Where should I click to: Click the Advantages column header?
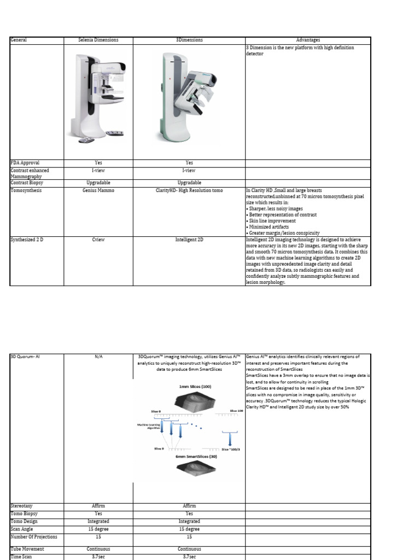(x=308, y=40)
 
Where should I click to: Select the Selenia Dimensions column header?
(x=98, y=40)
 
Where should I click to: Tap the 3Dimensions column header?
(x=189, y=40)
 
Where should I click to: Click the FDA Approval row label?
(x=25, y=162)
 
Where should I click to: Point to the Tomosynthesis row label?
(x=26, y=190)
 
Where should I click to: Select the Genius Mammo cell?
(x=98, y=190)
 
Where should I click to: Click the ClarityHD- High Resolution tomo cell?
(x=189, y=190)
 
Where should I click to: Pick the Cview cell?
(x=98, y=240)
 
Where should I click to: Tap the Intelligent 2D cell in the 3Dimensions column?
(x=189, y=240)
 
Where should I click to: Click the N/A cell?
(x=98, y=357)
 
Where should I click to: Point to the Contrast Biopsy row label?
(x=27, y=183)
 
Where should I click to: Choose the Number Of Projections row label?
(x=33, y=536)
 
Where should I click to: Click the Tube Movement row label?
(x=27, y=549)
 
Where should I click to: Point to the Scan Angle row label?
(x=25, y=529)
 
